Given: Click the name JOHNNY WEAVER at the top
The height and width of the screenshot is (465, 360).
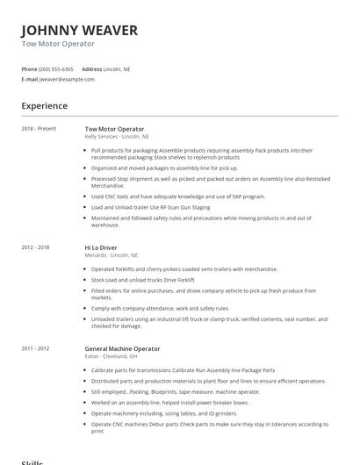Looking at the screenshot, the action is click(x=79, y=31).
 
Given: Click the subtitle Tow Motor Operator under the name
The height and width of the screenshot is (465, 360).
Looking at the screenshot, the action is click(x=58, y=44).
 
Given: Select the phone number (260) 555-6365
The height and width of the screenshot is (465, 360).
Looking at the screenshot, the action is click(x=57, y=68).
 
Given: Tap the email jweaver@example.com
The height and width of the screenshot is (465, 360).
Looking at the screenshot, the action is click(x=67, y=79).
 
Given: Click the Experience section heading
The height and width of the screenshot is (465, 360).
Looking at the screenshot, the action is click(x=44, y=106).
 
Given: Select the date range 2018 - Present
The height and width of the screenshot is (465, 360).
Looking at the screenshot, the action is click(x=39, y=129).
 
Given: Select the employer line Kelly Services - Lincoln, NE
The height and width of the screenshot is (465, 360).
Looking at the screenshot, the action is click(x=117, y=137).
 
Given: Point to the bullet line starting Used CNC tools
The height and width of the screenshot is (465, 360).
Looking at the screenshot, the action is click(x=177, y=197).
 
